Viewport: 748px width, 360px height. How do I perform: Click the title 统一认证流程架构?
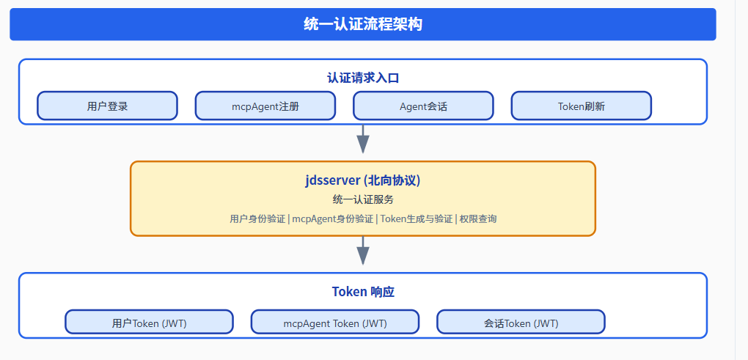362,24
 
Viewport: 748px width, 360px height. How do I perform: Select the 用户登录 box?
107,106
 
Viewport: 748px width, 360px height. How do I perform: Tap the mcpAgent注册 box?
265,106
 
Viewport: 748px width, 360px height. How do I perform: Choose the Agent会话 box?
423,106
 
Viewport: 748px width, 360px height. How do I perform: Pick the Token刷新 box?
581,106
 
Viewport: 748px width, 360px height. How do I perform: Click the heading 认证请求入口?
362,78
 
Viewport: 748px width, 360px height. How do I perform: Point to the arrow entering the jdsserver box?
362,139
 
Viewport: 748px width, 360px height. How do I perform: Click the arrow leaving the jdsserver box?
362,251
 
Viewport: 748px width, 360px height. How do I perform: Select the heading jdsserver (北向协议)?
362,180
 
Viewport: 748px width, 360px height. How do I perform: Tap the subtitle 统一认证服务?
362,199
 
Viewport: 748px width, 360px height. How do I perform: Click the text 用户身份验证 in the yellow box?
257,218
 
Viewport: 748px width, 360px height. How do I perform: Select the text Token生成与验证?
416,218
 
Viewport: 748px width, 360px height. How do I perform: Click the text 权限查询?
478,218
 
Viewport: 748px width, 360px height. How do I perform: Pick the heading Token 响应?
362,292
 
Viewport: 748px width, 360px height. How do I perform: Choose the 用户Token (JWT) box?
149,323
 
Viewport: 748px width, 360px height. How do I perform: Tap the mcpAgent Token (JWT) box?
335,323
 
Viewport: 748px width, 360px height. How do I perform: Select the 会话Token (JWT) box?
521,323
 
